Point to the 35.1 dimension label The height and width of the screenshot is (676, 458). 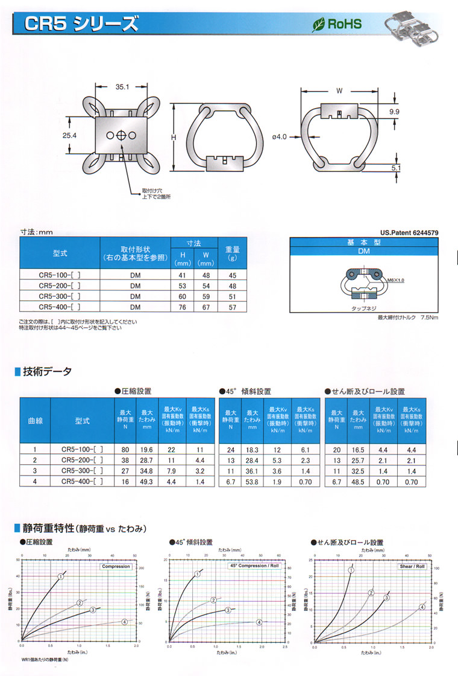[122, 88]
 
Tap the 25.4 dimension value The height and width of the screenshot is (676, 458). [70, 136]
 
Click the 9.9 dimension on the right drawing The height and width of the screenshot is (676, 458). [394, 112]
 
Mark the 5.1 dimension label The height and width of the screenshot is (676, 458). [395, 169]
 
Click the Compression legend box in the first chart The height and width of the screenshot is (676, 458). [116, 566]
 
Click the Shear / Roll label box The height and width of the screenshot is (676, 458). [412, 566]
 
